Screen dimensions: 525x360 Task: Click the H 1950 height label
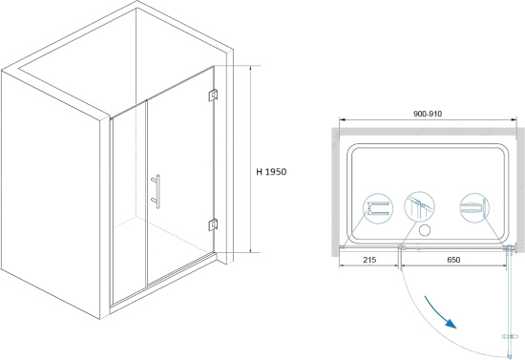coord(271,172)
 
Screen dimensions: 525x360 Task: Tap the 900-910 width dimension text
coord(428,114)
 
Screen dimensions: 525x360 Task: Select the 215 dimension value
coord(369,260)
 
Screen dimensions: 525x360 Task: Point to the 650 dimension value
coord(453,260)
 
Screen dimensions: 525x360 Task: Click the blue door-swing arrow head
coord(451,324)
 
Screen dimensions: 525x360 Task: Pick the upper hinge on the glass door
coord(213,95)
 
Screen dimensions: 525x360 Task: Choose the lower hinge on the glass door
coord(213,224)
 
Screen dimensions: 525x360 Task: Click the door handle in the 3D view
coord(156,192)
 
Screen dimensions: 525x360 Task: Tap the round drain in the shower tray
coord(425,230)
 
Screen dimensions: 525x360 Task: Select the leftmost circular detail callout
coord(378,208)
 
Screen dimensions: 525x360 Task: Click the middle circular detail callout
coord(420,206)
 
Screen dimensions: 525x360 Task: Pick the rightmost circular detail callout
coord(474,208)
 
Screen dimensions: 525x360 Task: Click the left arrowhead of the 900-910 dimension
coord(342,119)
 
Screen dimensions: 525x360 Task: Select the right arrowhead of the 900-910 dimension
coord(514,119)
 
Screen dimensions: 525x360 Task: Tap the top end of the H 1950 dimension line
coord(250,66)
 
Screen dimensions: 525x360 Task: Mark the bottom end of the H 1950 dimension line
coord(250,252)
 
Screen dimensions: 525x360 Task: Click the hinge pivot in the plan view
coord(511,248)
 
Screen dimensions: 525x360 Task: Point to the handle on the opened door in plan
coord(510,336)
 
